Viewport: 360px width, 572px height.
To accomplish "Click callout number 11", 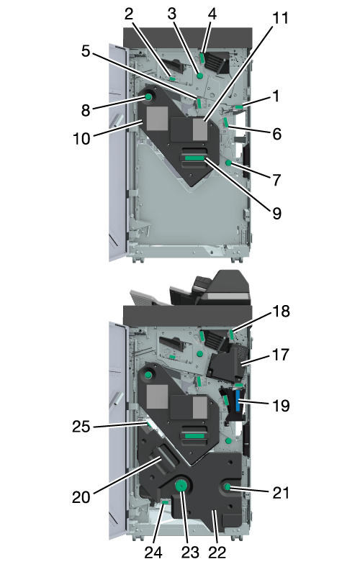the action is tap(280, 18).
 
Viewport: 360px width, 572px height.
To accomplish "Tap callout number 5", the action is tap(86, 51).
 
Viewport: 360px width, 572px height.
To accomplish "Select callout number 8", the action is tap(86, 110).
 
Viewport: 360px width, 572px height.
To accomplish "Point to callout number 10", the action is tap(81, 139).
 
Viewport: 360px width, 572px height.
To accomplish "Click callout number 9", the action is tap(277, 214).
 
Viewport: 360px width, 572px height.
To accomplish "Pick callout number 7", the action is tap(277, 180).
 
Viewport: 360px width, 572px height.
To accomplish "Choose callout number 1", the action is tap(276, 96).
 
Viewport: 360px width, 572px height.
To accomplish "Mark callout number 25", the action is tap(81, 427).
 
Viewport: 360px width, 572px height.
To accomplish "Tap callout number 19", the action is tap(281, 405).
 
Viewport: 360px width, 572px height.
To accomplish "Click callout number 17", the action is tap(281, 355).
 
